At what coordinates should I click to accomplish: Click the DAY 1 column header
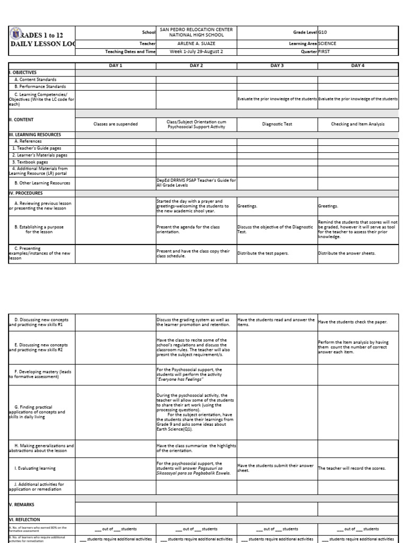(x=115, y=65)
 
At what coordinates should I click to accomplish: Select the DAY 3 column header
(x=277, y=65)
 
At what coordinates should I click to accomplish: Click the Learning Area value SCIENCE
(x=327, y=43)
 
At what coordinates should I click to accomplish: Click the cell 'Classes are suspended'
(x=115, y=124)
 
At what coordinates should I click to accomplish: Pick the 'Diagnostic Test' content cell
(x=277, y=124)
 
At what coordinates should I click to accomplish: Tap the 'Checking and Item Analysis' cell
(x=357, y=124)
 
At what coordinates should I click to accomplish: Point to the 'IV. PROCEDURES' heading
(x=26, y=193)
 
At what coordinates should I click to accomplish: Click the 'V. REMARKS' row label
(x=22, y=505)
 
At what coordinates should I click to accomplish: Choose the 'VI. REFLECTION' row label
(x=24, y=520)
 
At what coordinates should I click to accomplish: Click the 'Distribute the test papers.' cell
(x=263, y=253)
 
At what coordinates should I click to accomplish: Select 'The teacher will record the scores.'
(x=352, y=468)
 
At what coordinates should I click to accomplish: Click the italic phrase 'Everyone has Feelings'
(x=180, y=379)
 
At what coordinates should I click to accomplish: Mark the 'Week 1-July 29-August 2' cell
(x=196, y=52)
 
